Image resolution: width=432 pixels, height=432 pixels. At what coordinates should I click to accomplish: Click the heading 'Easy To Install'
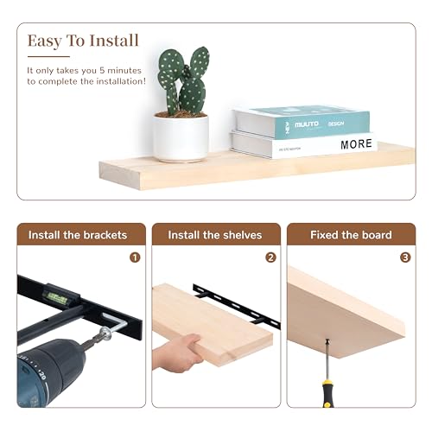[x=82, y=41]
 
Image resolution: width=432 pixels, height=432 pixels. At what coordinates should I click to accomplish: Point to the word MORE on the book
[x=356, y=144]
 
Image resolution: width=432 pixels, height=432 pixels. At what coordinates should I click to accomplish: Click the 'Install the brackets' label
[x=77, y=235]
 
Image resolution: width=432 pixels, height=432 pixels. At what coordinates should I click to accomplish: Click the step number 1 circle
[x=135, y=257]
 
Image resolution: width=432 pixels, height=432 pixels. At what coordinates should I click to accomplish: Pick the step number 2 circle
[x=270, y=257]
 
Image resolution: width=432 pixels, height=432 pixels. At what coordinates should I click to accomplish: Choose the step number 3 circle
[x=405, y=257]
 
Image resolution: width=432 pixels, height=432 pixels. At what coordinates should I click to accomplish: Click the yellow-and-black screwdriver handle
[x=329, y=392]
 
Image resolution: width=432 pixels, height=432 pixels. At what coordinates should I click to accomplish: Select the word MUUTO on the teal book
[x=306, y=124]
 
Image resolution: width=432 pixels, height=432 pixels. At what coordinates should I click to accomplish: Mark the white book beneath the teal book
[x=302, y=145]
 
